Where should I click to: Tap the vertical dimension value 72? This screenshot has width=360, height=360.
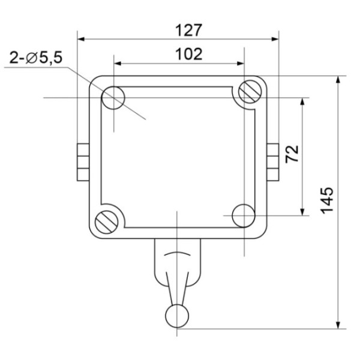pos(292,154)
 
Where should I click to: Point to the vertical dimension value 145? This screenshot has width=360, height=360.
pos(327,200)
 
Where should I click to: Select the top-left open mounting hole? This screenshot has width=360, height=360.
pos(113,98)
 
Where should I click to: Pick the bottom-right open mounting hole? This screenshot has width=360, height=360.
pos(242,215)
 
